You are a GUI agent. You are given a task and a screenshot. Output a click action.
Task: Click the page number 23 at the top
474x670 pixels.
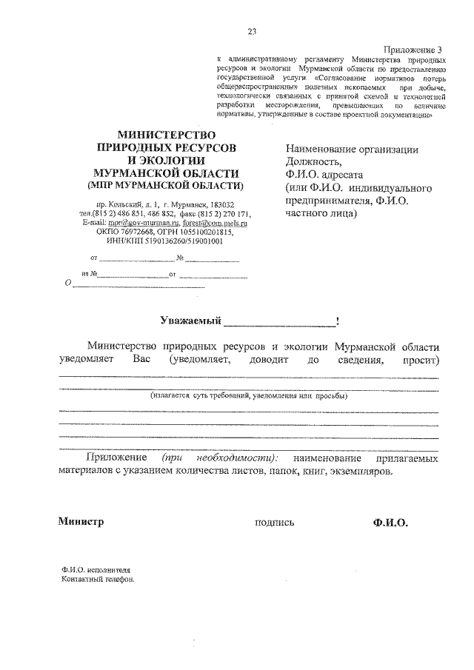click(252, 30)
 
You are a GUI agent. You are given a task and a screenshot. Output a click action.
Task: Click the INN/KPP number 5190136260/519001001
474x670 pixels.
click(181, 240)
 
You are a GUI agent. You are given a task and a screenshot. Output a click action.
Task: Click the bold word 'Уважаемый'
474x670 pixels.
click(191, 321)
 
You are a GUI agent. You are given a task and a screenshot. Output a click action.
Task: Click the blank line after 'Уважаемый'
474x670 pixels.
click(279, 323)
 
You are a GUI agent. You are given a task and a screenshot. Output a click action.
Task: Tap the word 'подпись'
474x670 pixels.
click(274, 522)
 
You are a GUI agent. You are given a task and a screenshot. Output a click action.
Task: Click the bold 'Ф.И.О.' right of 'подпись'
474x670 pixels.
click(390, 522)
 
